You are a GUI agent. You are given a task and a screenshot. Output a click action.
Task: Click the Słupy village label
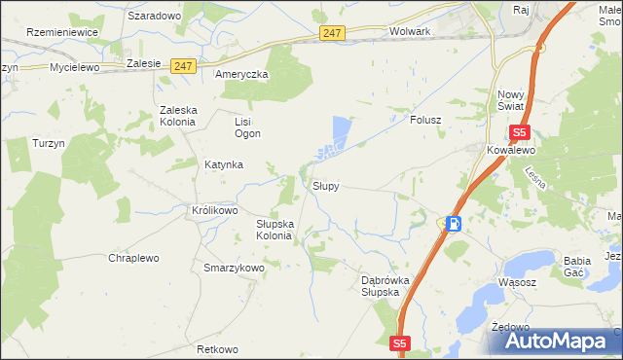325,185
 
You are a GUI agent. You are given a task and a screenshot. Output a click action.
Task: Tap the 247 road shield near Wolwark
332,33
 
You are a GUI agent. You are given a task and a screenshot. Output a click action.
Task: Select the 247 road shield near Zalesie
183,66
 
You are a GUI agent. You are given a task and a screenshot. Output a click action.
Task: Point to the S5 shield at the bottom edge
402,343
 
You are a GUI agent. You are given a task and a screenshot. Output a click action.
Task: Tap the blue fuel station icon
454,224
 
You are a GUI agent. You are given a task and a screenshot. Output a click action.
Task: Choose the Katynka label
223,164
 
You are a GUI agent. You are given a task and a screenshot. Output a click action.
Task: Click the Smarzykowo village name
233,267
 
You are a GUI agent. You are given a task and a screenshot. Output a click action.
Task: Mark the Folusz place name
426,122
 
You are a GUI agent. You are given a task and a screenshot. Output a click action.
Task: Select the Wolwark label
409,31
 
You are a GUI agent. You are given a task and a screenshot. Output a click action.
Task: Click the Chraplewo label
133,258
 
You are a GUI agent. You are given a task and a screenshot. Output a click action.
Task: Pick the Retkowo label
216,349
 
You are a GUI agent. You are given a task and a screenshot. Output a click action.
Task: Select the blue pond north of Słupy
341,130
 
